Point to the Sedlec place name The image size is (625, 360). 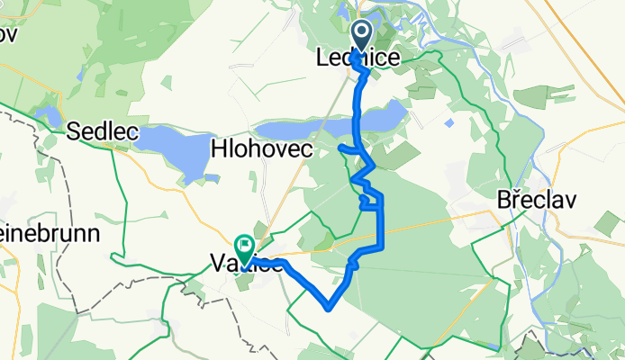click(103, 132)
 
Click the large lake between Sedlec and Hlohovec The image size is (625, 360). click(176, 149)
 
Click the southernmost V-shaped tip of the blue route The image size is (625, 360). click(330, 306)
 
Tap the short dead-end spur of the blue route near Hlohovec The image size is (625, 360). click(343, 147)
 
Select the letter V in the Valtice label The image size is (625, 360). click(217, 263)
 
